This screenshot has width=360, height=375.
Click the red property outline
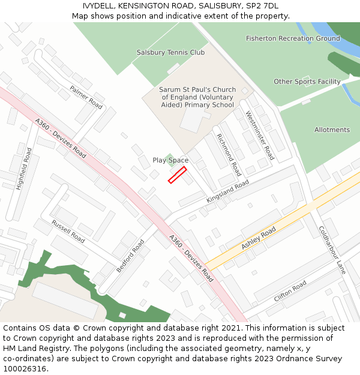point(177,175)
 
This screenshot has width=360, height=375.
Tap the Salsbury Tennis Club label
point(170,52)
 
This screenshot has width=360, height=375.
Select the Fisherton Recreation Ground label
point(293,38)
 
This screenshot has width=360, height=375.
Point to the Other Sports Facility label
point(307,82)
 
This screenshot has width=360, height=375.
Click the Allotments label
point(332,130)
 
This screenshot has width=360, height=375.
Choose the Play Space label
point(170,160)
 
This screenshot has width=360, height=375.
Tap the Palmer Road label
point(86,97)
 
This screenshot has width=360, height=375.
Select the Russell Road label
point(68,230)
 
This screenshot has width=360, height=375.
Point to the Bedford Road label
point(130,256)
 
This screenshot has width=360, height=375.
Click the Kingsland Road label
point(227,191)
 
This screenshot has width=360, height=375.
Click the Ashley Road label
point(259,238)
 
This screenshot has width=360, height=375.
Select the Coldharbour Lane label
point(332,250)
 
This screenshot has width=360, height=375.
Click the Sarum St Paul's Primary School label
point(197,97)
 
